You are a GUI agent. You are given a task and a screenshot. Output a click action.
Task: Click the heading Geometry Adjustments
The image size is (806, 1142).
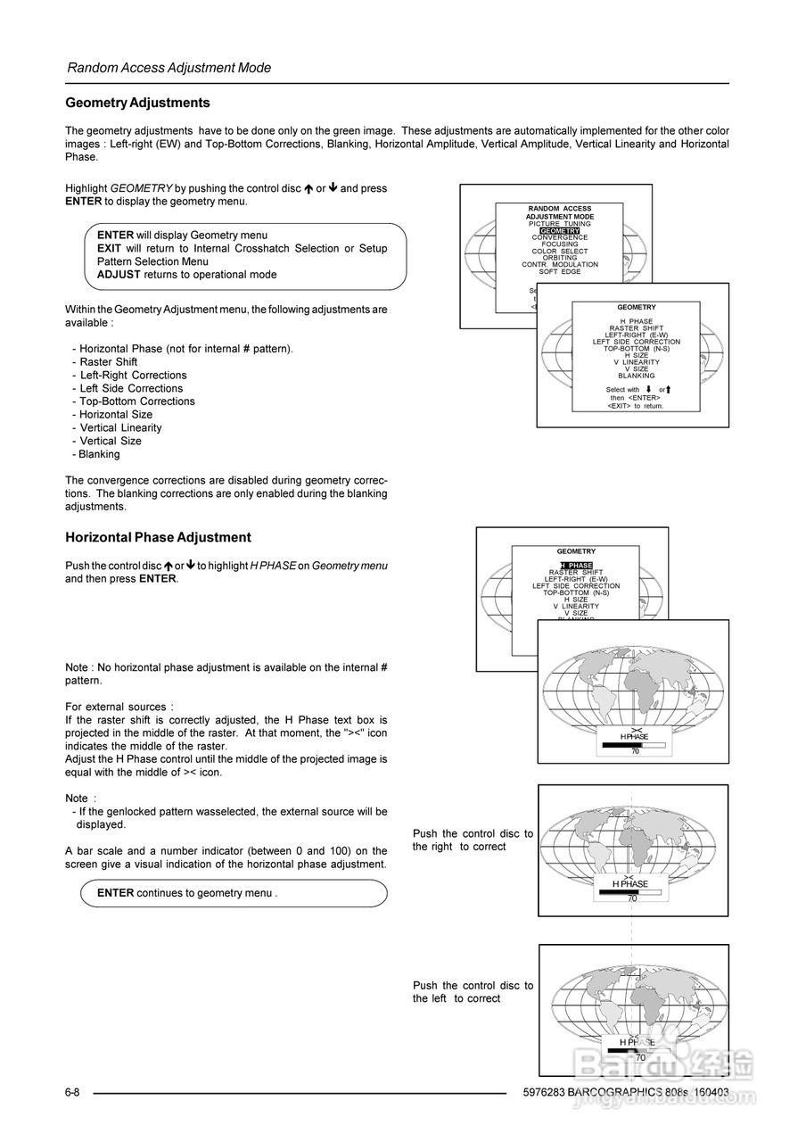(138, 103)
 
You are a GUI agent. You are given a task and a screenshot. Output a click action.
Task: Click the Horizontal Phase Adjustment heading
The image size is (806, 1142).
(158, 537)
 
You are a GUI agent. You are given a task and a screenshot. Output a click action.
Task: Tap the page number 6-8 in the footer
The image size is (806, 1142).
(73, 1092)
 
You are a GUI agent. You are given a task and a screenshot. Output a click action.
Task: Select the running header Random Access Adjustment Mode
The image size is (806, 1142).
(169, 68)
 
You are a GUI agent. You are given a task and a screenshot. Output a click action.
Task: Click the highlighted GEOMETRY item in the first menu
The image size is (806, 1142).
(559, 231)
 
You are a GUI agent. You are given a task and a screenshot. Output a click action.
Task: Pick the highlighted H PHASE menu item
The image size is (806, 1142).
(576, 566)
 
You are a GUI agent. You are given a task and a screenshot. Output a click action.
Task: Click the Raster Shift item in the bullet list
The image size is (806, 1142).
(108, 361)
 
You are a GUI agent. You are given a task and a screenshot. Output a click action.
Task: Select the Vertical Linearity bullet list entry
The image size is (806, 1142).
(120, 427)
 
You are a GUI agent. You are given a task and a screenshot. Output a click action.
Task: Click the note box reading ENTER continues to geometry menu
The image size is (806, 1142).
(234, 892)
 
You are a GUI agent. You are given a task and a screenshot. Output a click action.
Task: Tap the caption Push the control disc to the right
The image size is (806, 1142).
(473, 840)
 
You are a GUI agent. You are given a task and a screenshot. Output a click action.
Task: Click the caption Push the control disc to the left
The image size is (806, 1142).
(473, 991)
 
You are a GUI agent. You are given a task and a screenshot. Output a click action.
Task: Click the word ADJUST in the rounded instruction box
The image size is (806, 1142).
(119, 275)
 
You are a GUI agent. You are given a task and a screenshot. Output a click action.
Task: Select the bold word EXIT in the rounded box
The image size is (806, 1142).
(109, 248)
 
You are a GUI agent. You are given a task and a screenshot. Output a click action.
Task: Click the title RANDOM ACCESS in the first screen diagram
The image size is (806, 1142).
(559, 209)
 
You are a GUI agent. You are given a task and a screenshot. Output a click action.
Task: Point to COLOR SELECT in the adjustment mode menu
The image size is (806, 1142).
(559, 252)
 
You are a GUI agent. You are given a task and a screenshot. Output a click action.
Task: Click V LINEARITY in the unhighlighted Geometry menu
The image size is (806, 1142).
(636, 362)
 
